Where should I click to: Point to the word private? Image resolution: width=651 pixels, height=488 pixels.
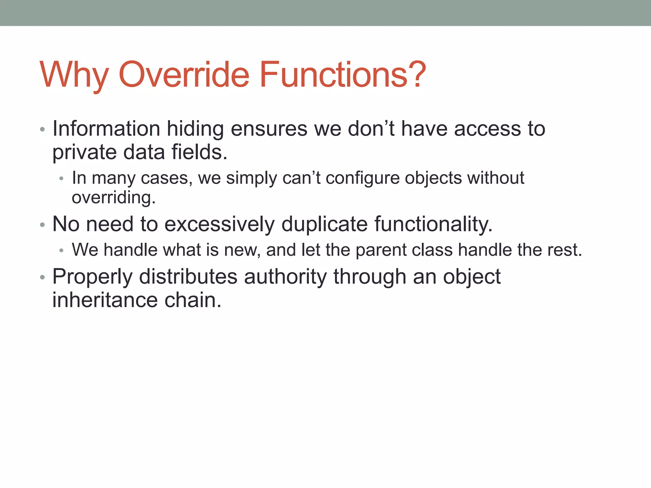pyautogui.click(x=85, y=152)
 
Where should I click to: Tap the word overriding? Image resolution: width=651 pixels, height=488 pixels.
pyautogui.click(x=113, y=198)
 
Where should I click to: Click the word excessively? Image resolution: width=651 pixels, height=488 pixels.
pyautogui.click(x=219, y=224)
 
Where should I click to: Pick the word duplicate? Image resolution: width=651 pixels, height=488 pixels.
pyautogui.click(x=325, y=224)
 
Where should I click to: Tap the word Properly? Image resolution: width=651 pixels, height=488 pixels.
pyautogui.click(x=93, y=277)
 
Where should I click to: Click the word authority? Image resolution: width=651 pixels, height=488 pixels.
pyautogui.click(x=285, y=276)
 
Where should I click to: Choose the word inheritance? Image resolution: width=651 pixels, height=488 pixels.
pyautogui.click(x=105, y=300)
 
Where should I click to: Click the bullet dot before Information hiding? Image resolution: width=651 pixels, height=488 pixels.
pyautogui.click(x=43, y=130)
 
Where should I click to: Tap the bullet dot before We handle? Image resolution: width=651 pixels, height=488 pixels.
pyautogui.click(x=62, y=251)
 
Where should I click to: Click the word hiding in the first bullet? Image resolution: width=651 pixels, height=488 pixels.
pyautogui.click(x=195, y=129)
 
